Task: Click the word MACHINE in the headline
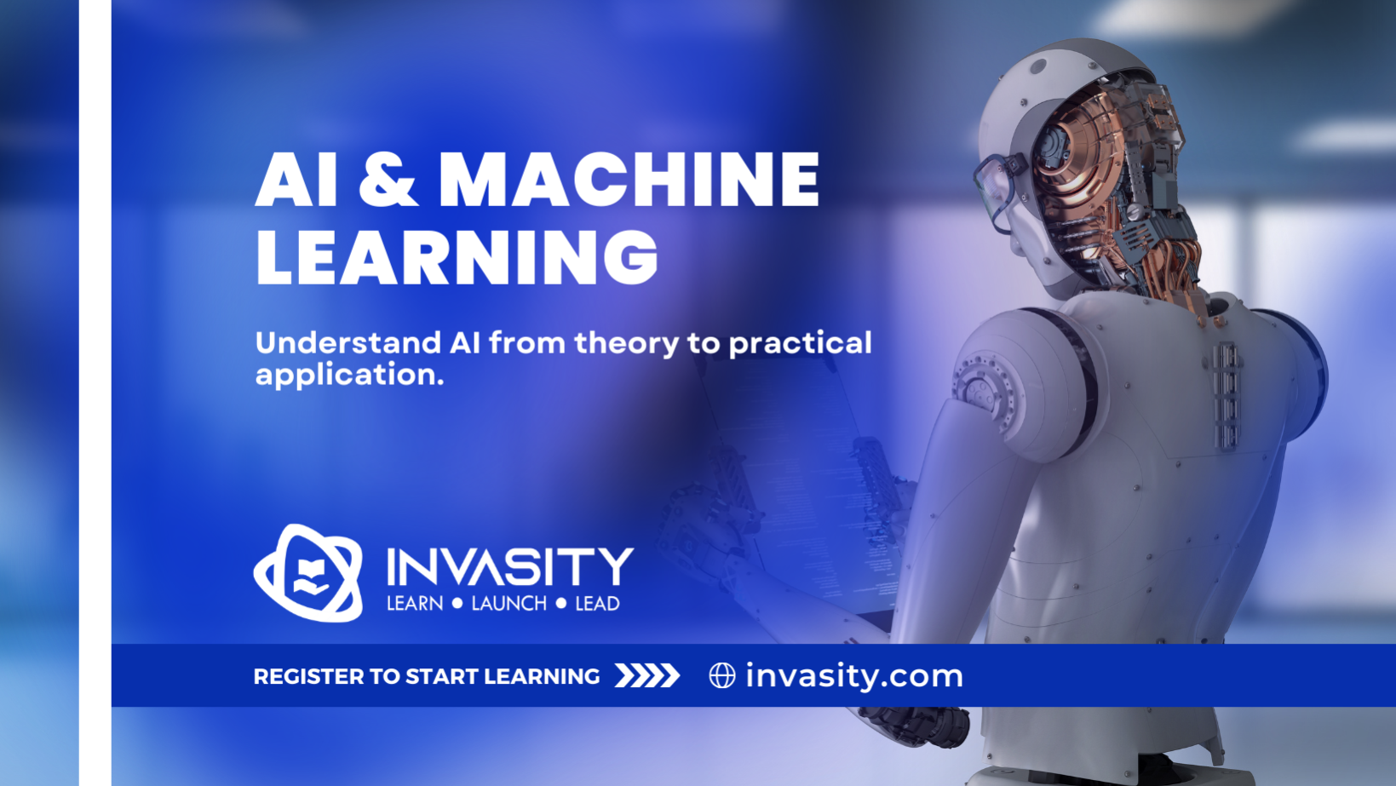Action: (629, 180)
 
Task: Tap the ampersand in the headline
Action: (388, 180)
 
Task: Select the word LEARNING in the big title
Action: (457, 257)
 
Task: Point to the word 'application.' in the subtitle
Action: (349, 376)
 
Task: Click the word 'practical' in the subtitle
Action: (800, 343)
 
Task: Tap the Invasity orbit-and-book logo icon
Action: (308, 573)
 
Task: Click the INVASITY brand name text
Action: (510, 566)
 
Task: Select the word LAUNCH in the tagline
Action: (509, 604)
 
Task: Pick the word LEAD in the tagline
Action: (597, 604)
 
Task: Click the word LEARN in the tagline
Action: (415, 604)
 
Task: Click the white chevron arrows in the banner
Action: (647, 675)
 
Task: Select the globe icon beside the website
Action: (722, 675)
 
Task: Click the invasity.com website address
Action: (854, 675)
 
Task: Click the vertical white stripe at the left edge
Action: (95, 393)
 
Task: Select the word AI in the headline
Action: (296, 180)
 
